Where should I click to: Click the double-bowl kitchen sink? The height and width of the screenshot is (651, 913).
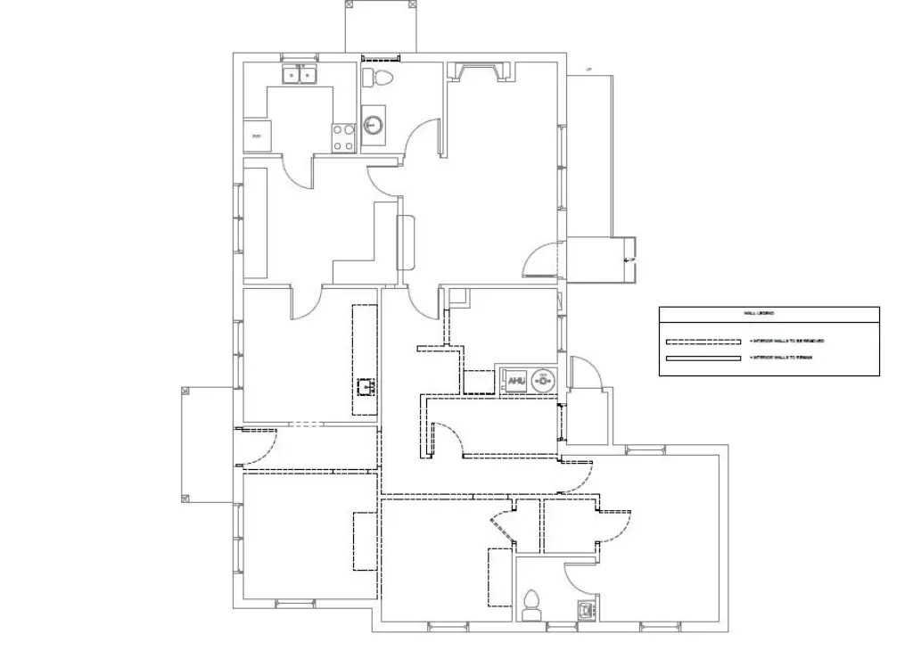[300, 75]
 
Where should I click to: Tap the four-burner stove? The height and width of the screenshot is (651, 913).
[344, 136]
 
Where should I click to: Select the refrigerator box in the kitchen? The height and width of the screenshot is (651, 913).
[256, 136]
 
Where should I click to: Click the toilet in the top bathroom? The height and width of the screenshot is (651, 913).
[380, 77]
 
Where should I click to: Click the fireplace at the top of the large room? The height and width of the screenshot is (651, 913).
[481, 71]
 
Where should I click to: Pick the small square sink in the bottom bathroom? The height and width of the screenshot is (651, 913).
[587, 611]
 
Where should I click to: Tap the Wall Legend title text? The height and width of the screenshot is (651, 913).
[759, 313]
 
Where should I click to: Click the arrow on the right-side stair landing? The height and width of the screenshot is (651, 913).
[628, 259]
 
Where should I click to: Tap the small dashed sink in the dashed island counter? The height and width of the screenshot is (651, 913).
[365, 387]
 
